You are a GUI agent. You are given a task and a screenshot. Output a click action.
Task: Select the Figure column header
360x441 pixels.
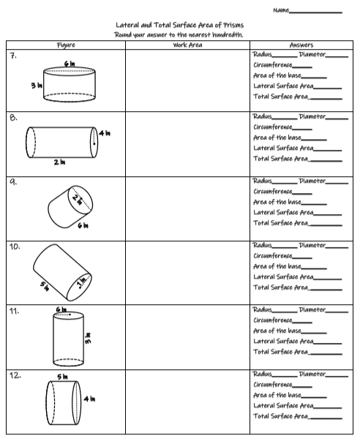point(66,45)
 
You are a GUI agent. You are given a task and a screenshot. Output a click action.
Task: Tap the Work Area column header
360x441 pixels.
point(187,45)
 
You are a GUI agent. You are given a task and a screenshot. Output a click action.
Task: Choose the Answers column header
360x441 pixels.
point(301,45)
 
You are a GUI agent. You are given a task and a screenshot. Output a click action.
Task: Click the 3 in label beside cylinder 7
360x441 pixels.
point(35,86)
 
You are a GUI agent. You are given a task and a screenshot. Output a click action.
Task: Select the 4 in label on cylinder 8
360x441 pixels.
point(105,133)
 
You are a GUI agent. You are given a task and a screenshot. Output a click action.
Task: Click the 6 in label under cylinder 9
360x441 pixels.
point(84,225)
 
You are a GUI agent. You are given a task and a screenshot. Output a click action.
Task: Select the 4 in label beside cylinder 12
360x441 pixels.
point(89,399)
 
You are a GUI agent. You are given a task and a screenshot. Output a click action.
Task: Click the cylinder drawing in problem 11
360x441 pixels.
point(70,338)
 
